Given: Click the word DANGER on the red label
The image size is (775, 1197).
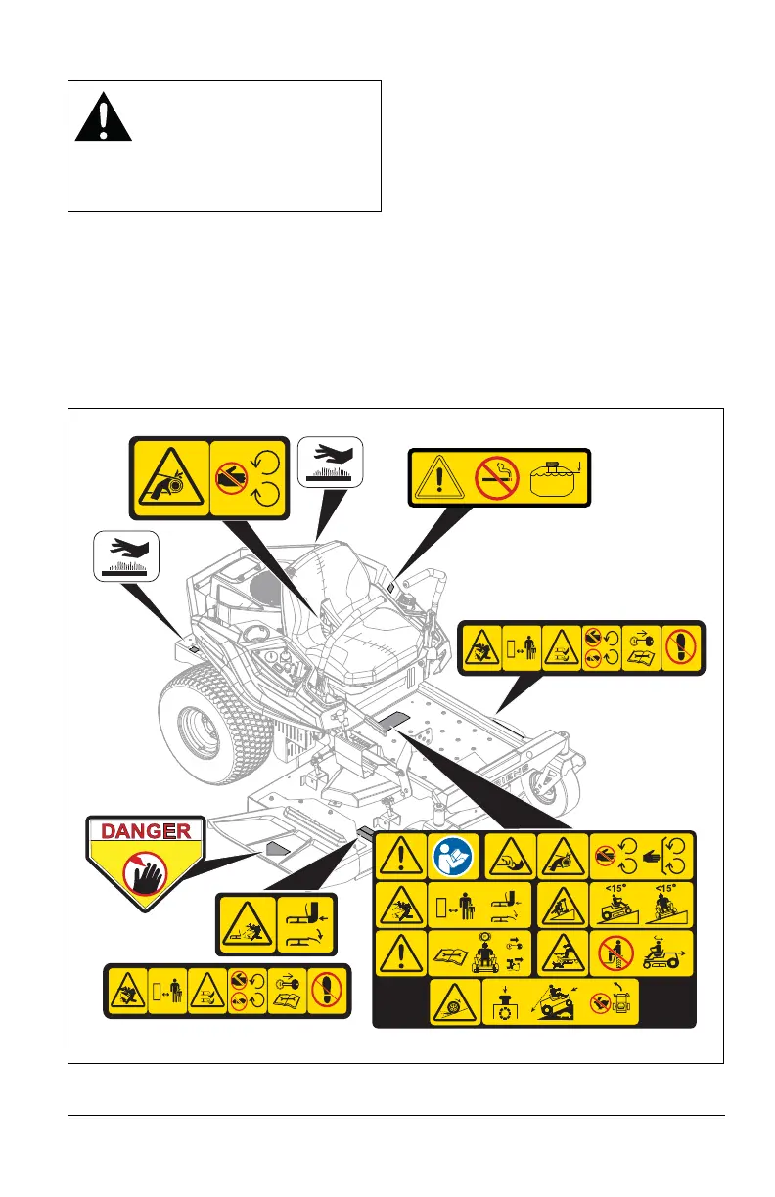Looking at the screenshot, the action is [x=147, y=831].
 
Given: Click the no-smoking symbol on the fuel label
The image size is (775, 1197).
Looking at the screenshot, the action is [x=496, y=477].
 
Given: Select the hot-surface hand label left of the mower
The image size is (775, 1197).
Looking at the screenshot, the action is [x=125, y=555].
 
